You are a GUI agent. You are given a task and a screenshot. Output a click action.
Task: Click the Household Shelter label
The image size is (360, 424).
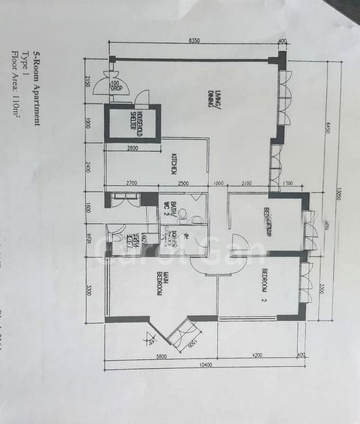pos(132,125)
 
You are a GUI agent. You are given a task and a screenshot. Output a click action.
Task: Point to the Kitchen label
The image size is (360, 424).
pos(173,166)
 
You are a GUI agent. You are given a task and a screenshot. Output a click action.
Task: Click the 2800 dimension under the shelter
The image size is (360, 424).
pos(132,149)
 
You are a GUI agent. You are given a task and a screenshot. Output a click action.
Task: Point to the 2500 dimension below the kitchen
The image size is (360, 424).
pos(183,184)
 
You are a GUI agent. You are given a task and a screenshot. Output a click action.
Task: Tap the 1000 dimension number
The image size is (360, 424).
pos(219,184)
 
